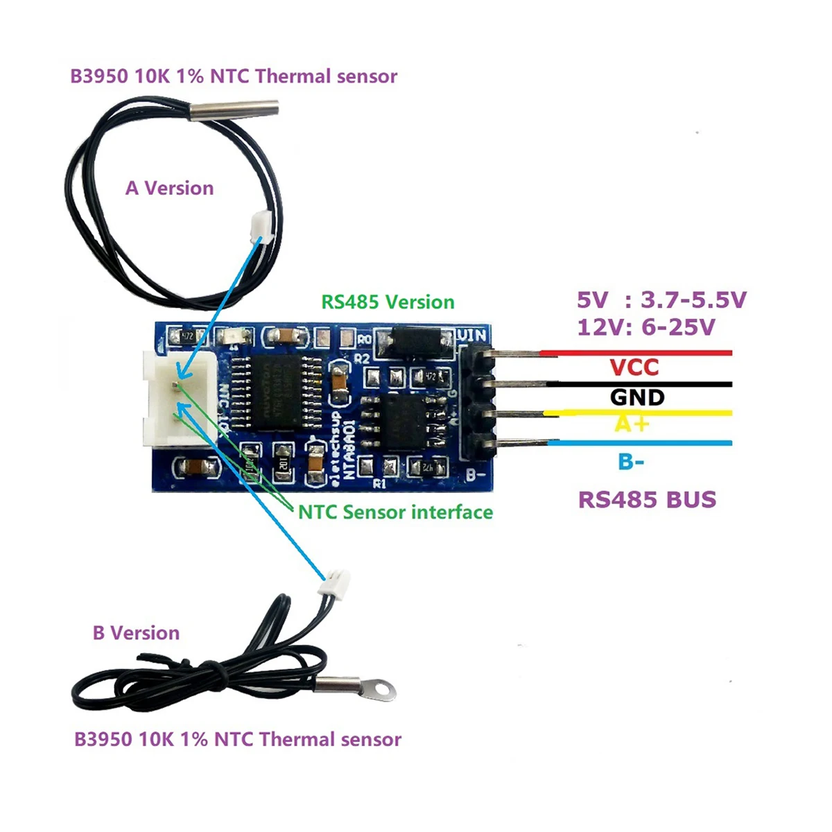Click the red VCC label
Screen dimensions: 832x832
tap(634, 367)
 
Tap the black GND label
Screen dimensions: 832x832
tap(637, 397)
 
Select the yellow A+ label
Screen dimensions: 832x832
tap(631, 423)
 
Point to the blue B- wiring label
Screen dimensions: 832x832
tap(631, 461)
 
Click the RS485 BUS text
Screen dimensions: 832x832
tap(647, 500)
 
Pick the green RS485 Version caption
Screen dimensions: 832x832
tap(388, 302)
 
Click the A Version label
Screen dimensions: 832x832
tap(169, 189)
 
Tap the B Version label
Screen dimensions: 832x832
tap(136, 633)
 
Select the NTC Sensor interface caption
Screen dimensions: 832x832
tap(395, 512)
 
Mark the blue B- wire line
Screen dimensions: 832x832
tap(638, 443)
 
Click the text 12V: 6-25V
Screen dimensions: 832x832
tap(645, 327)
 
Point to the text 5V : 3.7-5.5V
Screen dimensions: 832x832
tap(661, 300)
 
